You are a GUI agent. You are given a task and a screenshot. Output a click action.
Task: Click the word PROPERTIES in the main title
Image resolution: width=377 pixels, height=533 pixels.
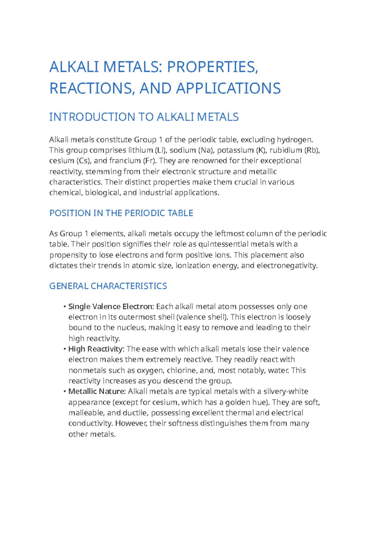(212, 67)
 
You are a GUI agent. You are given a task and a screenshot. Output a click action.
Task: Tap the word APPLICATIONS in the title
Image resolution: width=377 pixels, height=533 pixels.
(228, 88)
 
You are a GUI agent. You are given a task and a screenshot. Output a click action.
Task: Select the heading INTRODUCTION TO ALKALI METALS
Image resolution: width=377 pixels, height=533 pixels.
(144, 117)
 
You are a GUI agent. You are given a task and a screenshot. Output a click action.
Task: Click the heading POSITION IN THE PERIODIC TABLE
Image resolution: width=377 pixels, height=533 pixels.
(121, 213)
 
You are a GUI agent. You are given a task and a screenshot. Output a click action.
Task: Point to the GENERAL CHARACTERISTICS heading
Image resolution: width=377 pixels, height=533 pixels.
(108, 286)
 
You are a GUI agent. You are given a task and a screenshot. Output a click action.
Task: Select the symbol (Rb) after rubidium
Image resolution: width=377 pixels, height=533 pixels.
(312, 150)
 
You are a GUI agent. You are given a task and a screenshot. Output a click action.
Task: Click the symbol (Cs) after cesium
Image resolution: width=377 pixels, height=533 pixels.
(84, 161)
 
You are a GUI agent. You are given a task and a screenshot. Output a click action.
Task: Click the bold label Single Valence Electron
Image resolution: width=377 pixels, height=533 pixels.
(111, 306)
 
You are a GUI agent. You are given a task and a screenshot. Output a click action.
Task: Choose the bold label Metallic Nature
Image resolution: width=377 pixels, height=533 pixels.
(97, 392)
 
